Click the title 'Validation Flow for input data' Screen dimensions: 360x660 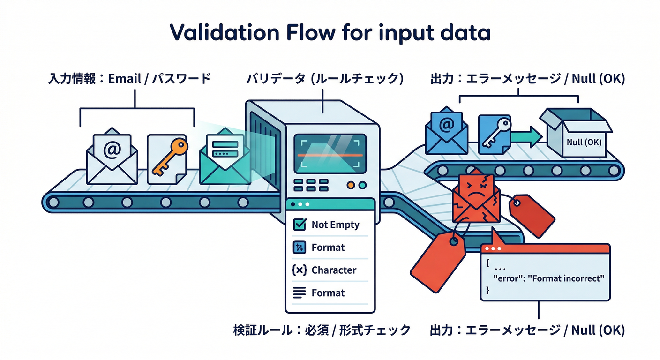[330, 33]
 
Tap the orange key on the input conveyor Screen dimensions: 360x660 [166, 157]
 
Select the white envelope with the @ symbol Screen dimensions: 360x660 [112, 157]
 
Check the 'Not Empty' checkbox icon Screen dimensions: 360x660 [299, 225]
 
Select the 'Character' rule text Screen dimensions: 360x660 [334, 270]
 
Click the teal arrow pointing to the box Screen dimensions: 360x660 [525, 137]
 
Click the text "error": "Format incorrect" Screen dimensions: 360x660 [549, 278]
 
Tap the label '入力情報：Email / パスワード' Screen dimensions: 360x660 [129, 79]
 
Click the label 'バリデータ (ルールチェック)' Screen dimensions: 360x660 [324, 79]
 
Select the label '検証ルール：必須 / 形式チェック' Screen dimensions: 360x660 [322, 330]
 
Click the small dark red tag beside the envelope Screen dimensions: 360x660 [532, 216]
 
